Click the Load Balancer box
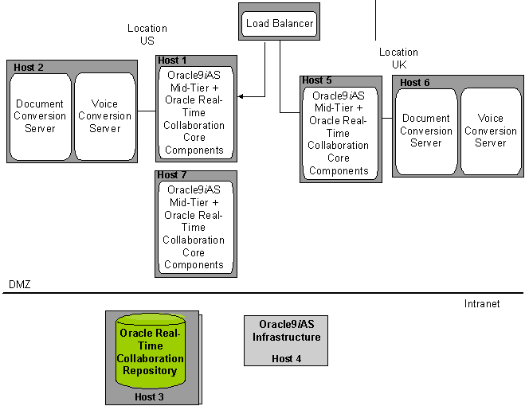pyautogui.click(x=280, y=24)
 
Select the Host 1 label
pyautogui.click(x=172, y=61)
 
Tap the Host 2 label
pyautogui.click(x=29, y=67)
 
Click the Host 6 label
pyautogui.click(x=414, y=83)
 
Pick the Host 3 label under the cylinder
pyautogui.click(x=151, y=396)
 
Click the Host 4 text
pyautogui.click(x=286, y=359)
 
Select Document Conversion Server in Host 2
pyautogui.click(x=40, y=116)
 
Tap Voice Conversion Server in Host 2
pyautogui.click(x=104, y=116)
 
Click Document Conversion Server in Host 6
pyautogui.click(x=426, y=131)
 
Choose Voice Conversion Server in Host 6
pyautogui.click(x=490, y=131)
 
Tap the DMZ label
pyautogui.click(x=19, y=284)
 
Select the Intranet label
pyautogui.click(x=482, y=303)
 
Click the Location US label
pyautogui.click(x=147, y=34)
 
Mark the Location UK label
pyautogui.click(x=398, y=58)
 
